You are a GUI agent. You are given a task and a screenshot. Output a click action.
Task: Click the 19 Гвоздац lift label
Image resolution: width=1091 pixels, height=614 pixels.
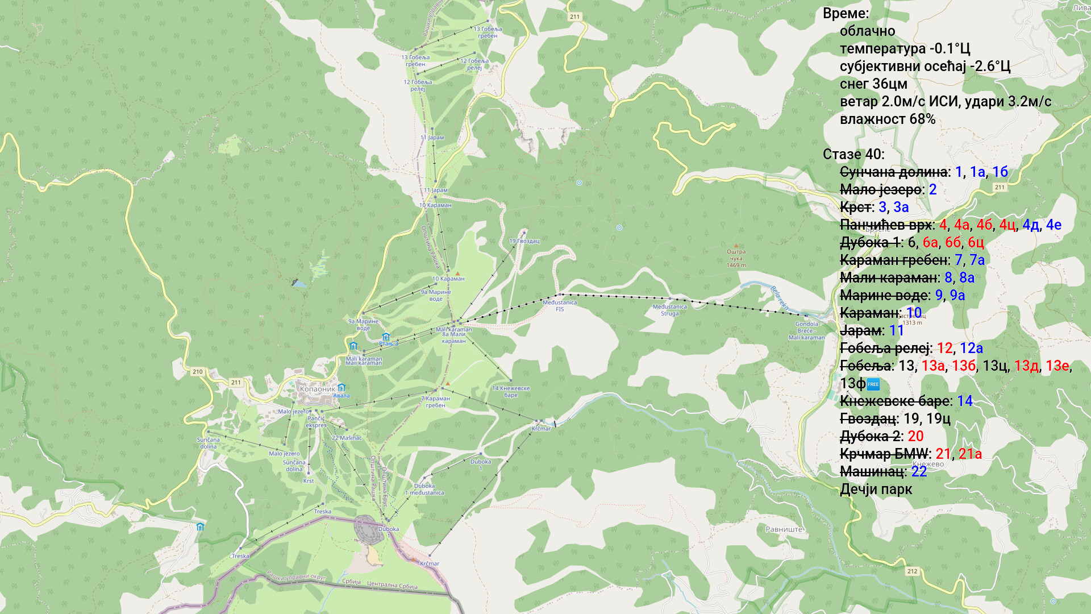coord(524,241)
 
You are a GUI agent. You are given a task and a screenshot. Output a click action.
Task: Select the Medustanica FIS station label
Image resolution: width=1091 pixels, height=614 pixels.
coord(560,306)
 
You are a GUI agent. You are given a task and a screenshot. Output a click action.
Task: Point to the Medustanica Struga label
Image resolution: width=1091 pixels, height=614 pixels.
coord(669,310)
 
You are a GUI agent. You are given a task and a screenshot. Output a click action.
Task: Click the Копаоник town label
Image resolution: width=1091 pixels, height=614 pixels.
coord(317,389)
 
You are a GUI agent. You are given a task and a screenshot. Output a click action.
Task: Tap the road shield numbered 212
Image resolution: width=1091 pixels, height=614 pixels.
coord(912,571)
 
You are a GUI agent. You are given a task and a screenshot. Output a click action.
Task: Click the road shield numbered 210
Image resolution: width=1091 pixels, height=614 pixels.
coord(197,372)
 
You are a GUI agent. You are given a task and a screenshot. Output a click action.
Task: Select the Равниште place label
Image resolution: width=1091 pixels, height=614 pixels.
coord(784,529)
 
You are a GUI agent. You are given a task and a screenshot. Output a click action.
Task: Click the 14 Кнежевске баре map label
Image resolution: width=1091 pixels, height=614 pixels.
coord(510,392)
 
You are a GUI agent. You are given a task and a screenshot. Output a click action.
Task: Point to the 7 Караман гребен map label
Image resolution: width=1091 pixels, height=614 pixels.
coord(435,402)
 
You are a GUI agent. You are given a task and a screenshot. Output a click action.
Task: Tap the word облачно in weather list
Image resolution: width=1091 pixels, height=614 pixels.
coord(867,31)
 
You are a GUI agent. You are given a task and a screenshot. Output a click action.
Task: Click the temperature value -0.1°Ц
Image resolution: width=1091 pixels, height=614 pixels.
coord(950,49)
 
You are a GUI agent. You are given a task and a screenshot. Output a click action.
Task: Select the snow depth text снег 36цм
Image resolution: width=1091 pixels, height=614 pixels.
coord(873,84)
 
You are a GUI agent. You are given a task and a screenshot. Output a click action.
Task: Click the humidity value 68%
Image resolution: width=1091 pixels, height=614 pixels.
coord(922,119)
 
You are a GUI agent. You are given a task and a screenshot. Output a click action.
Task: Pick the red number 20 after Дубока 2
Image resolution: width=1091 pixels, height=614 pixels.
coord(915,436)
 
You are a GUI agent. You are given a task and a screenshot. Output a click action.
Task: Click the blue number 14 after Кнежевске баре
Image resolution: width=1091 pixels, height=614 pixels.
coord(964,401)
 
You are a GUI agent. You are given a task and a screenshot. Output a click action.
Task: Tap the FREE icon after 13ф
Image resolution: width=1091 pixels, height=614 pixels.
coord(873,384)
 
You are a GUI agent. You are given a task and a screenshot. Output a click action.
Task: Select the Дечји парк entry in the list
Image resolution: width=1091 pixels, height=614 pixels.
coord(876,489)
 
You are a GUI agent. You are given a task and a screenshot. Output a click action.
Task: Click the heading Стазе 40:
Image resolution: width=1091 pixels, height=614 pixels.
coord(853,155)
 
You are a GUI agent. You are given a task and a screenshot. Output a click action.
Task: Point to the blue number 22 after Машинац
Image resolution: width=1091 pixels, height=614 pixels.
coord(919,471)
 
